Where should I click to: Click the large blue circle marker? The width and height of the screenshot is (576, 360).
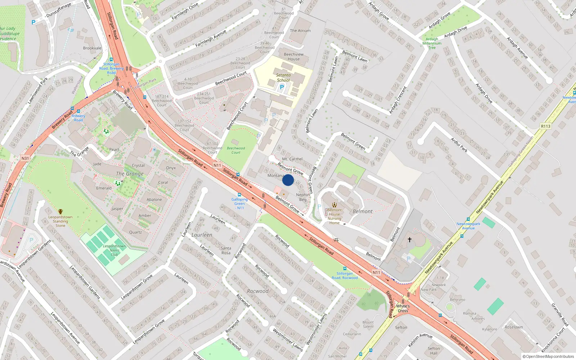pyautogui.click(x=288, y=180)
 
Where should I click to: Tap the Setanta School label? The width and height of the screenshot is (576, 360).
pyautogui.click(x=283, y=78)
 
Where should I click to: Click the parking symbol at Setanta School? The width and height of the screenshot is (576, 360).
pyautogui.click(x=282, y=87)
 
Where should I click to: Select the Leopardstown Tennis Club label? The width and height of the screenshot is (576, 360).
pyautogui.click(x=114, y=250)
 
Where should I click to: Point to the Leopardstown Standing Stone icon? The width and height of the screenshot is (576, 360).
pyautogui.click(x=60, y=212)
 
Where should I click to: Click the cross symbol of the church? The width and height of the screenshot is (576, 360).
pyautogui.click(x=409, y=239)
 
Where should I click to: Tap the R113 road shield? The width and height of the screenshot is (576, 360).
pyautogui.click(x=545, y=126)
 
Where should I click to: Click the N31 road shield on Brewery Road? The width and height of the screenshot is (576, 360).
pyautogui.click(x=25, y=158)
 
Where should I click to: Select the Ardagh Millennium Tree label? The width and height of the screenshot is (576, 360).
pyautogui.click(x=432, y=43)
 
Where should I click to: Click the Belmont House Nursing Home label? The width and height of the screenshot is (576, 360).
pyautogui.click(x=334, y=216)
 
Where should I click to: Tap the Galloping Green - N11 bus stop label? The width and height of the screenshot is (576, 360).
pyautogui.click(x=239, y=203)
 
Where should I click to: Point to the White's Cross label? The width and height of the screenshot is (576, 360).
pyautogui.click(x=403, y=308)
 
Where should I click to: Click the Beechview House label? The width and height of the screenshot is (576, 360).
pyautogui.click(x=293, y=57)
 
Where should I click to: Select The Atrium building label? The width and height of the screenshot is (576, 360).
pyautogui.click(x=300, y=31)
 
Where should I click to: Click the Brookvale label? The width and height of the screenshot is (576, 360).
pyautogui.click(x=92, y=48)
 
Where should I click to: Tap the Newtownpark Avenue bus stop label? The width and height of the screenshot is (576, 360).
pyautogui.click(x=468, y=226)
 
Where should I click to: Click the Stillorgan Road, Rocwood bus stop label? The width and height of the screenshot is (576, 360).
pyautogui.click(x=345, y=275)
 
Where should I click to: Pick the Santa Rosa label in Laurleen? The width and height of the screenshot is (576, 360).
pyautogui.click(x=226, y=250)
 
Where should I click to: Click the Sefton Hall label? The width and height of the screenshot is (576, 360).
pyautogui.click(x=433, y=351)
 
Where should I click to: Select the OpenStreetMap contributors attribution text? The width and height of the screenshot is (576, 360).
pyautogui.click(x=548, y=356)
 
